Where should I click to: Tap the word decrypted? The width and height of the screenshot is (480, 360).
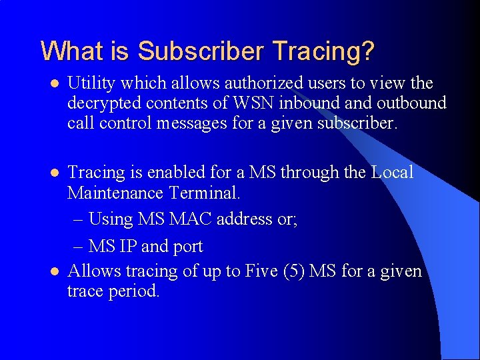tap(103, 103)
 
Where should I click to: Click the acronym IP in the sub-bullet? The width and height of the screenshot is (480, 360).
tap(128, 246)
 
